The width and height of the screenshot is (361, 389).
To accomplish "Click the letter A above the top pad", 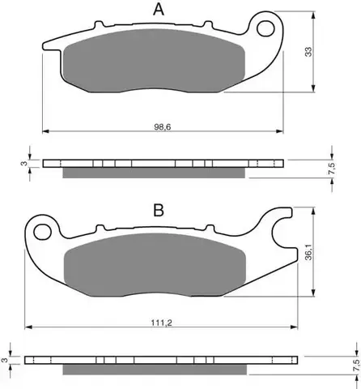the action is pyautogui.click(x=159, y=10).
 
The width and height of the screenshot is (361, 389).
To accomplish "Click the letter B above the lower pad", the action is pyautogui.click(x=159, y=210).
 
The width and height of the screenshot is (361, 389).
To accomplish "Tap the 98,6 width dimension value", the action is pyautogui.click(x=163, y=126).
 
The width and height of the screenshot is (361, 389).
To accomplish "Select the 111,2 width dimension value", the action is pyautogui.click(x=162, y=323).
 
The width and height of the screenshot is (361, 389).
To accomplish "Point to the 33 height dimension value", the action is pyautogui.click(x=308, y=52).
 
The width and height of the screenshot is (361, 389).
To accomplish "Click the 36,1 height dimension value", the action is pyautogui.click(x=308, y=252).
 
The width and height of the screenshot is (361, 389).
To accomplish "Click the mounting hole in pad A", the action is pyautogui.click(x=265, y=29).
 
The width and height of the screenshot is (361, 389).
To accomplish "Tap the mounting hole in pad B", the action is pyautogui.click(x=42, y=232).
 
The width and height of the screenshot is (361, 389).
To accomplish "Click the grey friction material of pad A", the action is pyautogui.click(x=154, y=61).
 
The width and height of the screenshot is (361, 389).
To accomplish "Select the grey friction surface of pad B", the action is pyautogui.click(x=155, y=265).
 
